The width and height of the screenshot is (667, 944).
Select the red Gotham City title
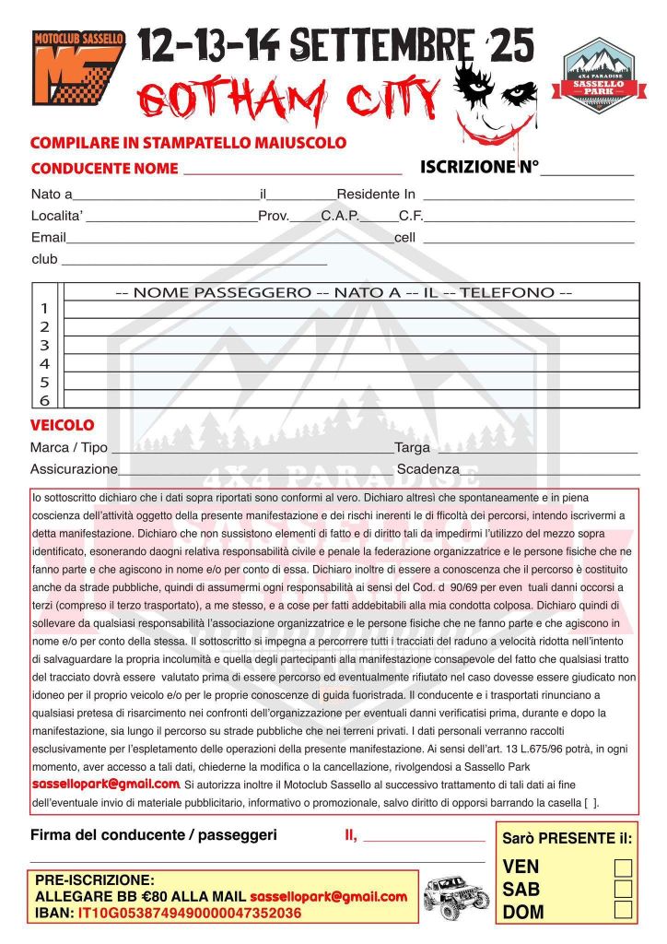click(x=290, y=100)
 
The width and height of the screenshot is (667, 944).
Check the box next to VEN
click(x=623, y=867)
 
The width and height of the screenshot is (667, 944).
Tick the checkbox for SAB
click(x=623, y=889)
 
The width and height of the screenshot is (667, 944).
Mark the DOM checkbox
click(x=623, y=911)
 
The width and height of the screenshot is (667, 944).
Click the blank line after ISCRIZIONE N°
click(x=587, y=169)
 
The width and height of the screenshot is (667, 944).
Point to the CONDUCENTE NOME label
click(x=104, y=169)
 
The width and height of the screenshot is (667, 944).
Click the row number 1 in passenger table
click(x=45, y=309)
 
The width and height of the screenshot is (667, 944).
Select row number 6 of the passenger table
click(x=45, y=401)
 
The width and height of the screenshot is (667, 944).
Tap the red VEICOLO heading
click(x=62, y=426)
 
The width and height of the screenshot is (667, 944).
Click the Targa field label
click(x=412, y=448)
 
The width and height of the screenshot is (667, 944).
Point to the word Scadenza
click(x=427, y=469)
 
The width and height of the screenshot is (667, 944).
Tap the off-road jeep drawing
click(x=456, y=893)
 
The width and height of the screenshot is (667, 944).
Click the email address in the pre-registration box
click(x=328, y=896)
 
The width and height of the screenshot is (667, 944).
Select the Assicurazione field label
click(x=74, y=469)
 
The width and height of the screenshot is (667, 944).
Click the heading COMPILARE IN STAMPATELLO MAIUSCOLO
click(x=188, y=143)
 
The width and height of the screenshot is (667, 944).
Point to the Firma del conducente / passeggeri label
click(x=153, y=835)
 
